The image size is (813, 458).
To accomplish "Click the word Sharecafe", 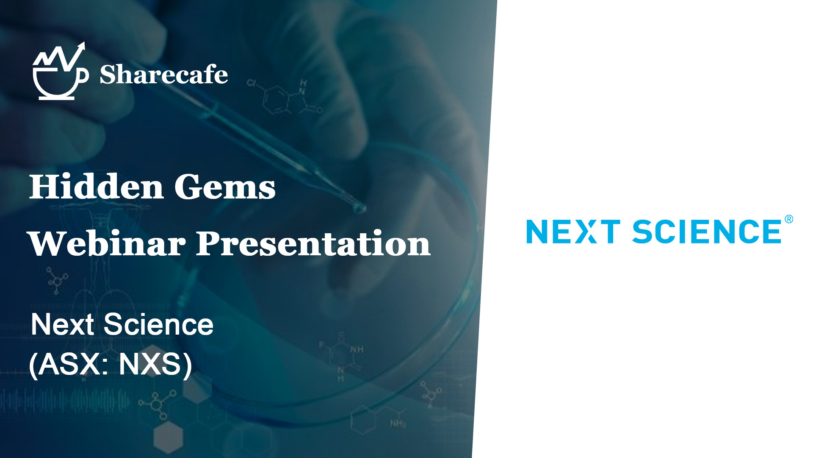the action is (x=164, y=75).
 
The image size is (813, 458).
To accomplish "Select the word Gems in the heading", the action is (x=225, y=187).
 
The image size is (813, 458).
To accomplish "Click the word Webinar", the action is (x=107, y=243).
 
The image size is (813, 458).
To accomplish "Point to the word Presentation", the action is (x=313, y=243).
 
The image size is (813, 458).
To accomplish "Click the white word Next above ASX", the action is (x=62, y=324).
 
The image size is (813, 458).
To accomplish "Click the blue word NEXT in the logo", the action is (x=573, y=232).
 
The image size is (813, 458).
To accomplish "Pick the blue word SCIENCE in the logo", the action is (x=707, y=232).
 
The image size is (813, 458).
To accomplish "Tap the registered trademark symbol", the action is (x=789, y=219).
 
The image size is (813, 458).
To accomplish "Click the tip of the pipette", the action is (x=361, y=208).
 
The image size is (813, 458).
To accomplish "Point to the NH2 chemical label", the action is (x=398, y=423).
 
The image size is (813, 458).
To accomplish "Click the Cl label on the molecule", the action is (x=252, y=83).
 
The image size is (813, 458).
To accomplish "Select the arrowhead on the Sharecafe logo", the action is (x=81, y=46).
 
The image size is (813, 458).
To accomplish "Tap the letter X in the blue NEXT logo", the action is (x=586, y=232).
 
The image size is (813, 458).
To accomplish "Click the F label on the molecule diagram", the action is (x=321, y=345).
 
